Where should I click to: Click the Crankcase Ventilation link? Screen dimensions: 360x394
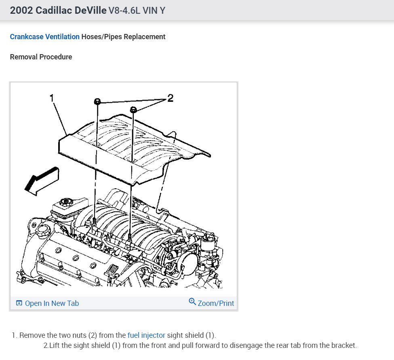(x=44, y=37)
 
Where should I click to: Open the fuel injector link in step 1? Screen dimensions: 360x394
(x=146, y=335)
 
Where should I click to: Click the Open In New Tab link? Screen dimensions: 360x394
(x=52, y=303)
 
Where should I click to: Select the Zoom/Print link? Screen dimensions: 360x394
(x=216, y=303)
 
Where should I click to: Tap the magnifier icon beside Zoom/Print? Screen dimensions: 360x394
(x=192, y=302)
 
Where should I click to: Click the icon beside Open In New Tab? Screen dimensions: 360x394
(x=19, y=303)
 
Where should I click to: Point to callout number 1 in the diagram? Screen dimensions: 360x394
(x=52, y=98)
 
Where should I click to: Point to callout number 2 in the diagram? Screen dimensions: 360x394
(x=170, y=98)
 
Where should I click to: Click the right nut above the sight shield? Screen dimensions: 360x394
(x=133, y=109)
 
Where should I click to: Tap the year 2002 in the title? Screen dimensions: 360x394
(x=21, y=11)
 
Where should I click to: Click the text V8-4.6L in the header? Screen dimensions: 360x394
(x=124, y=11)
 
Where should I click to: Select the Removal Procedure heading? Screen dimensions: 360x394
(x=41, y=57)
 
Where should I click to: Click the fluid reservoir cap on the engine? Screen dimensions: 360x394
(x=65, y=201)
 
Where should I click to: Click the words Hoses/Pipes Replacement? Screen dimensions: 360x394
(x=123, y=37)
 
